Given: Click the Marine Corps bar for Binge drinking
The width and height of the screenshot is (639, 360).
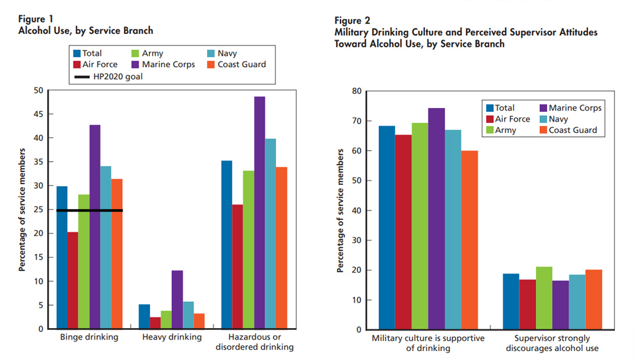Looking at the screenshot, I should (x=95, y=226).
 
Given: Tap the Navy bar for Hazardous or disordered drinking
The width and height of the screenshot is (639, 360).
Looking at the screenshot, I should (x=271, y=233).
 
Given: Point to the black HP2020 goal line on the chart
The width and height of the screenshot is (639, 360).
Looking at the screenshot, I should (x=89, y=210).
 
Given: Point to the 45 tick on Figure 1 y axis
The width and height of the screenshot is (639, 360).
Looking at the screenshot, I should (x=40, y=114).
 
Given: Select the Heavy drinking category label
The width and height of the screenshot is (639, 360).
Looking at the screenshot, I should (x=171, y=337).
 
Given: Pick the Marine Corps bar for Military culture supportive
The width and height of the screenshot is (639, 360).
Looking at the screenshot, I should (x=436, y=219).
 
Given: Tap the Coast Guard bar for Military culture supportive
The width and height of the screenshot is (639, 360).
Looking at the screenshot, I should (x=470, y=240).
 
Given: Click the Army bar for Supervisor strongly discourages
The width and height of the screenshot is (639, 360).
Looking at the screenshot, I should (x=544, y=298).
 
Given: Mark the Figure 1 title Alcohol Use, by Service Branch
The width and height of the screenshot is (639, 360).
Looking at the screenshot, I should (x=86, y=31).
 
